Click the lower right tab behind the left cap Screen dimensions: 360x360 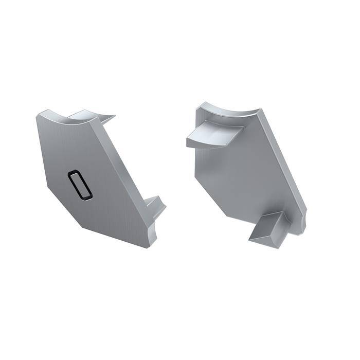[154, 206]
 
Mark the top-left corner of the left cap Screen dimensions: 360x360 [38, 116]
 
